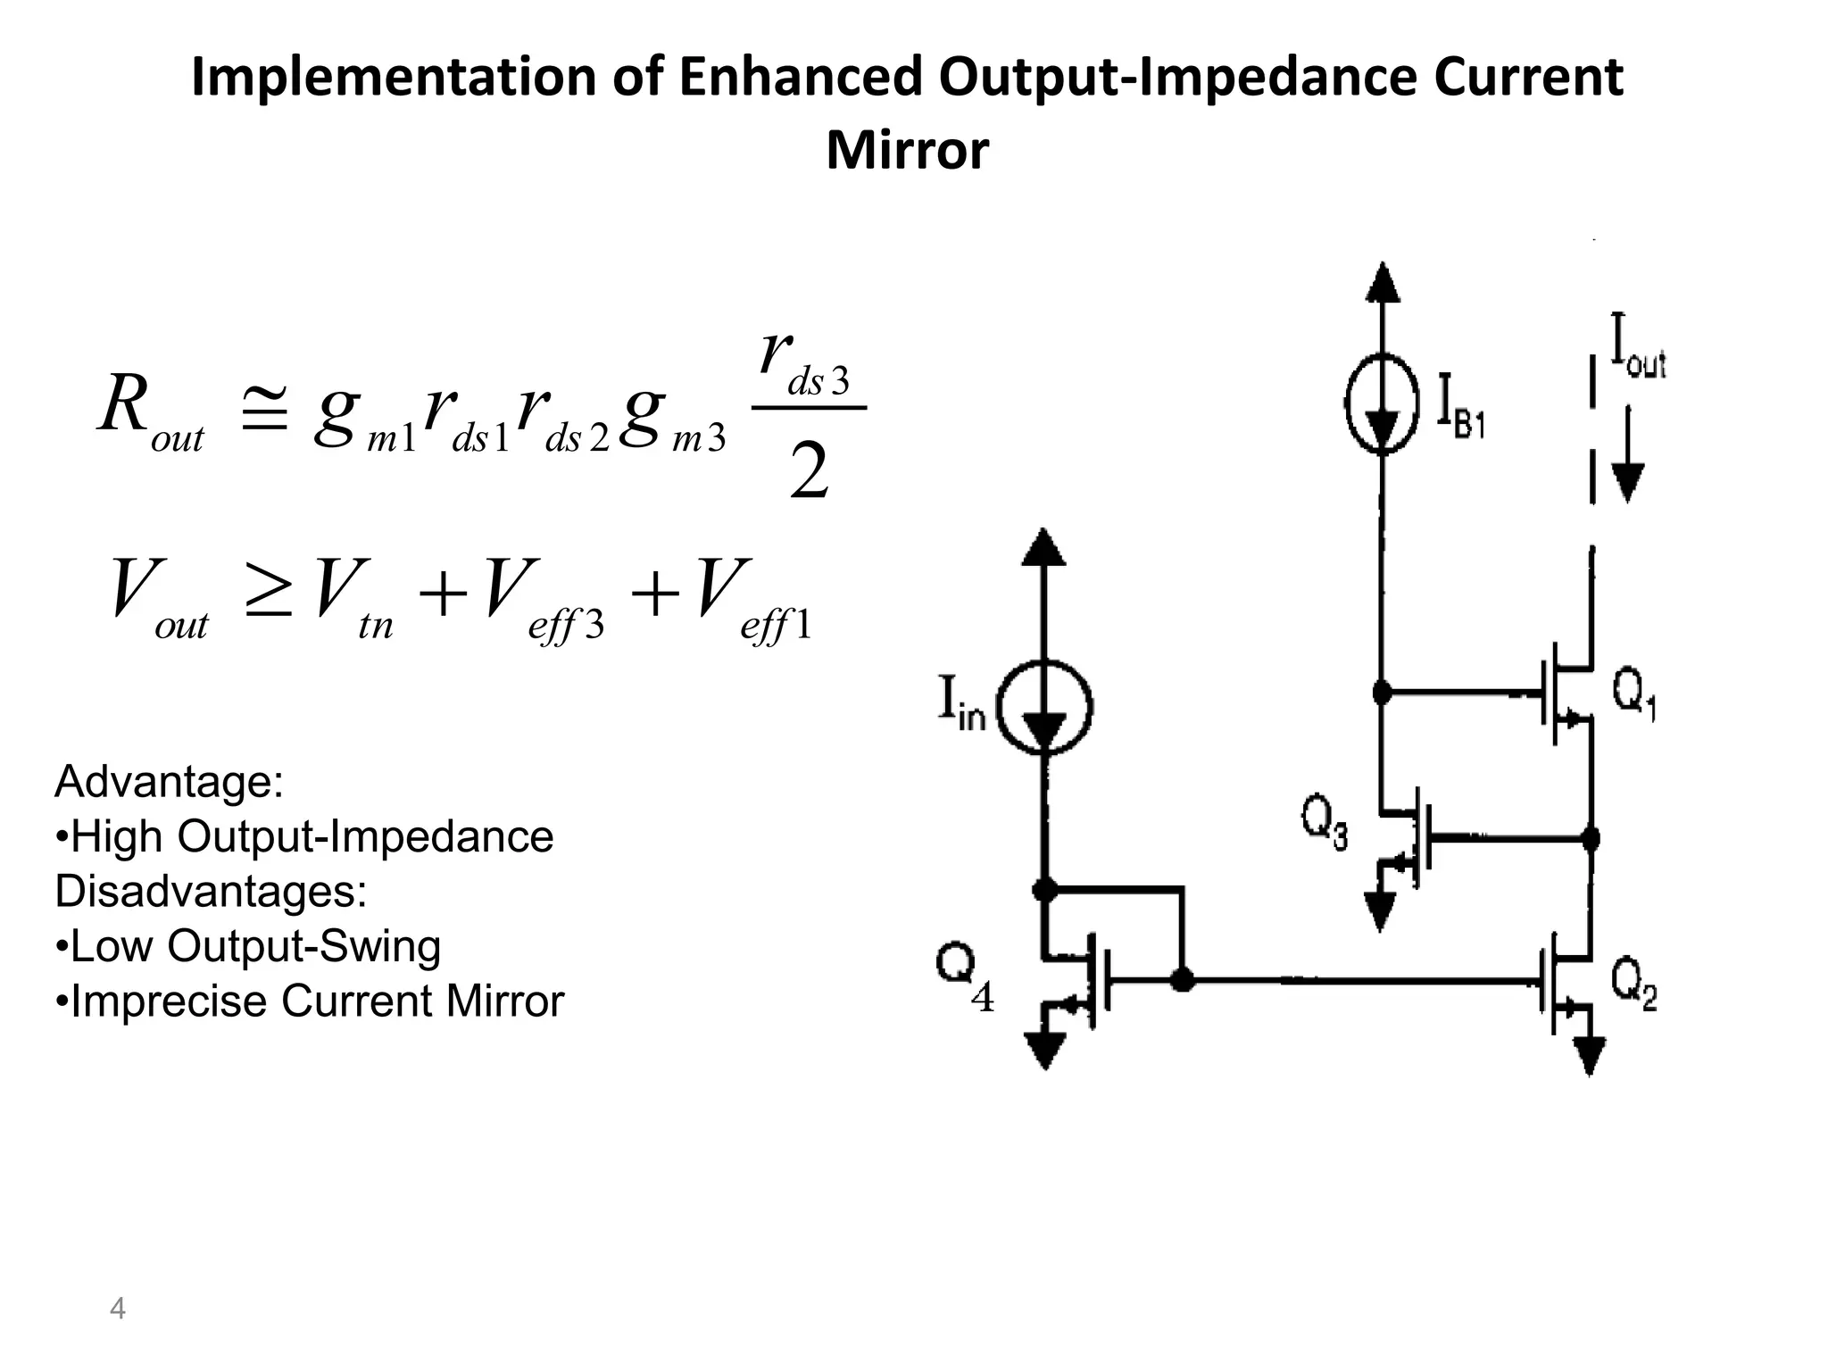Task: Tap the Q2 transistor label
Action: (1633, 985)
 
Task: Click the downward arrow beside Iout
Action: (1628, 455)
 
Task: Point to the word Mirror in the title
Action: (907, 150)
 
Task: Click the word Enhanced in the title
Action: (800, 77)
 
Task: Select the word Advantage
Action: (169, 782)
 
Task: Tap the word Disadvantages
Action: (211, 891)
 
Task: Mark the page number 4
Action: (117, 1309)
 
